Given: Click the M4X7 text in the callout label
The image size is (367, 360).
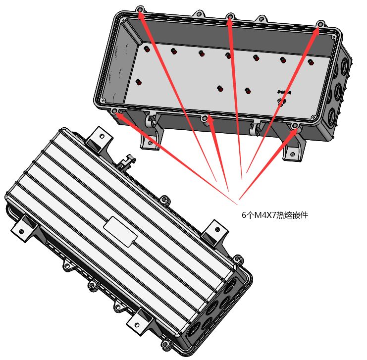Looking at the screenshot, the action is [265, 214].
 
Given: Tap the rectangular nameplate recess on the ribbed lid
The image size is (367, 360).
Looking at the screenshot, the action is [120, 231].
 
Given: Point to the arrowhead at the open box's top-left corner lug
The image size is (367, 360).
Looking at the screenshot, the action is [141, 14].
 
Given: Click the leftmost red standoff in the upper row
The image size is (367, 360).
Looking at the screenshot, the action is [147, 49].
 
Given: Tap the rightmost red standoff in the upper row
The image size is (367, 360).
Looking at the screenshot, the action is [311, 62].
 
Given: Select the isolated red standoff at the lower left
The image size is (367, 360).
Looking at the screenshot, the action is [139, 82].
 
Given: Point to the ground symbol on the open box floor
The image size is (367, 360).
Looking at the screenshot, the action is [282, 102].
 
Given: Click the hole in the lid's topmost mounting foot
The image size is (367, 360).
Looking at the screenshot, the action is [102, 136].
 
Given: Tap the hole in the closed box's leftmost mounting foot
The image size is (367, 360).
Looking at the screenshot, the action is [21, 231].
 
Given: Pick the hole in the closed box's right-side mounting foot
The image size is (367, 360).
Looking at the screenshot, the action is [217, 229].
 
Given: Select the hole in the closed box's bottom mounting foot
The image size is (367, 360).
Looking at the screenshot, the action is [137, 325].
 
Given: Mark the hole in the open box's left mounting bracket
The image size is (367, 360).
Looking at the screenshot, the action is [150, 142].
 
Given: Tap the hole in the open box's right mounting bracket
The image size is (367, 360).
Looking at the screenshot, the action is [293, 154].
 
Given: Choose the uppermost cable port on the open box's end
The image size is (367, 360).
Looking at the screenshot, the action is [345, 64].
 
